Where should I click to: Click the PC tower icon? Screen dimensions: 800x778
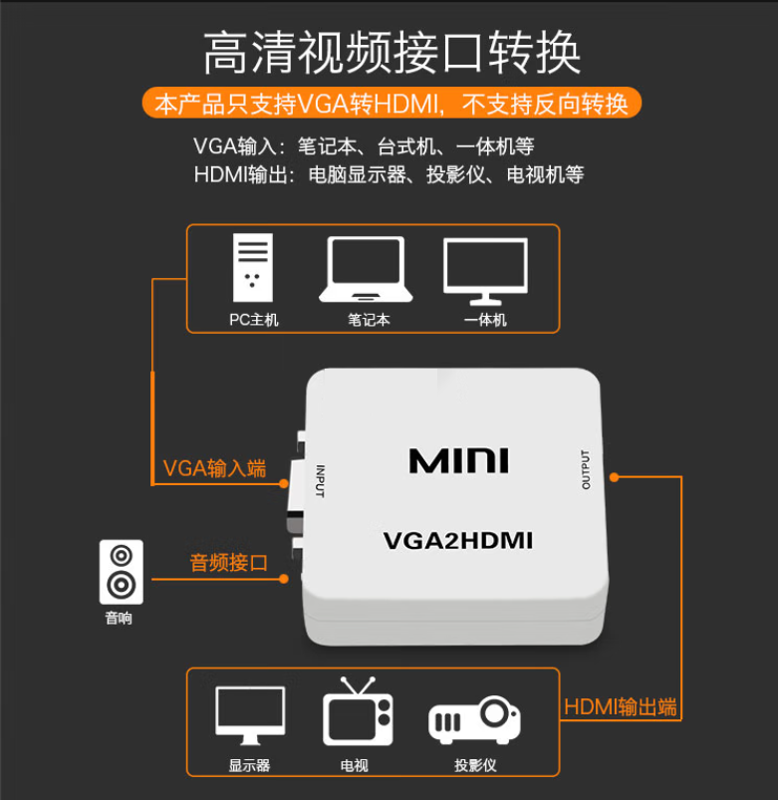pyautogui.click(x=251, y=267)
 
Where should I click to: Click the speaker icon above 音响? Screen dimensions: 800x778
pyautogui.click(x=121, y=571)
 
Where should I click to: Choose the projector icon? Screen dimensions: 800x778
pyautogui.click(x=474, y=720)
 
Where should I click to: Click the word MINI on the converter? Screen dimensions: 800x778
pyautogui.click(x=458, y=460)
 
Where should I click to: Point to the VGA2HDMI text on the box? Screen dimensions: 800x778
pyautogui.click(x=458, y=541)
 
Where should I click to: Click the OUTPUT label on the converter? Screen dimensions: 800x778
pyautogui.click(x=586, y=469)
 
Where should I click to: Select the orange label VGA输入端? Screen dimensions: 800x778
pyautogui.click(x=214, y=469)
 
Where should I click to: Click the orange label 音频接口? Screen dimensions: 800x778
pyautogui.click(x=229, y=563)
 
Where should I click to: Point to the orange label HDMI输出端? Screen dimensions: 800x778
pyautogui.click(x=621, y=707)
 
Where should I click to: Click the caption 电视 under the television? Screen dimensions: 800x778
pyautogui.click(x=353, y=766)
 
